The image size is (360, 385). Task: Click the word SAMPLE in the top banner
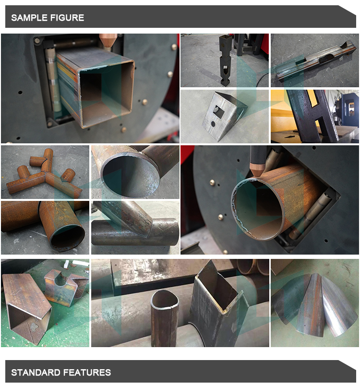(x=29, y=18)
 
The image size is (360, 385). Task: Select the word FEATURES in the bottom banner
(x=87, y=373)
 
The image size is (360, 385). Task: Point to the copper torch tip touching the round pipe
(x=256, y=170)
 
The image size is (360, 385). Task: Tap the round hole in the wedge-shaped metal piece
(x=213, y=124)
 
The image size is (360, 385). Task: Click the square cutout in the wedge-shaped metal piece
(x=218, y=111)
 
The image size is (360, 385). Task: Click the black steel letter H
(x=312, y=116)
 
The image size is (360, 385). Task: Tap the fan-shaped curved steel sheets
(x=315, y=304)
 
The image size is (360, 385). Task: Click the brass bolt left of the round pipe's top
(x=212, y=182)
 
